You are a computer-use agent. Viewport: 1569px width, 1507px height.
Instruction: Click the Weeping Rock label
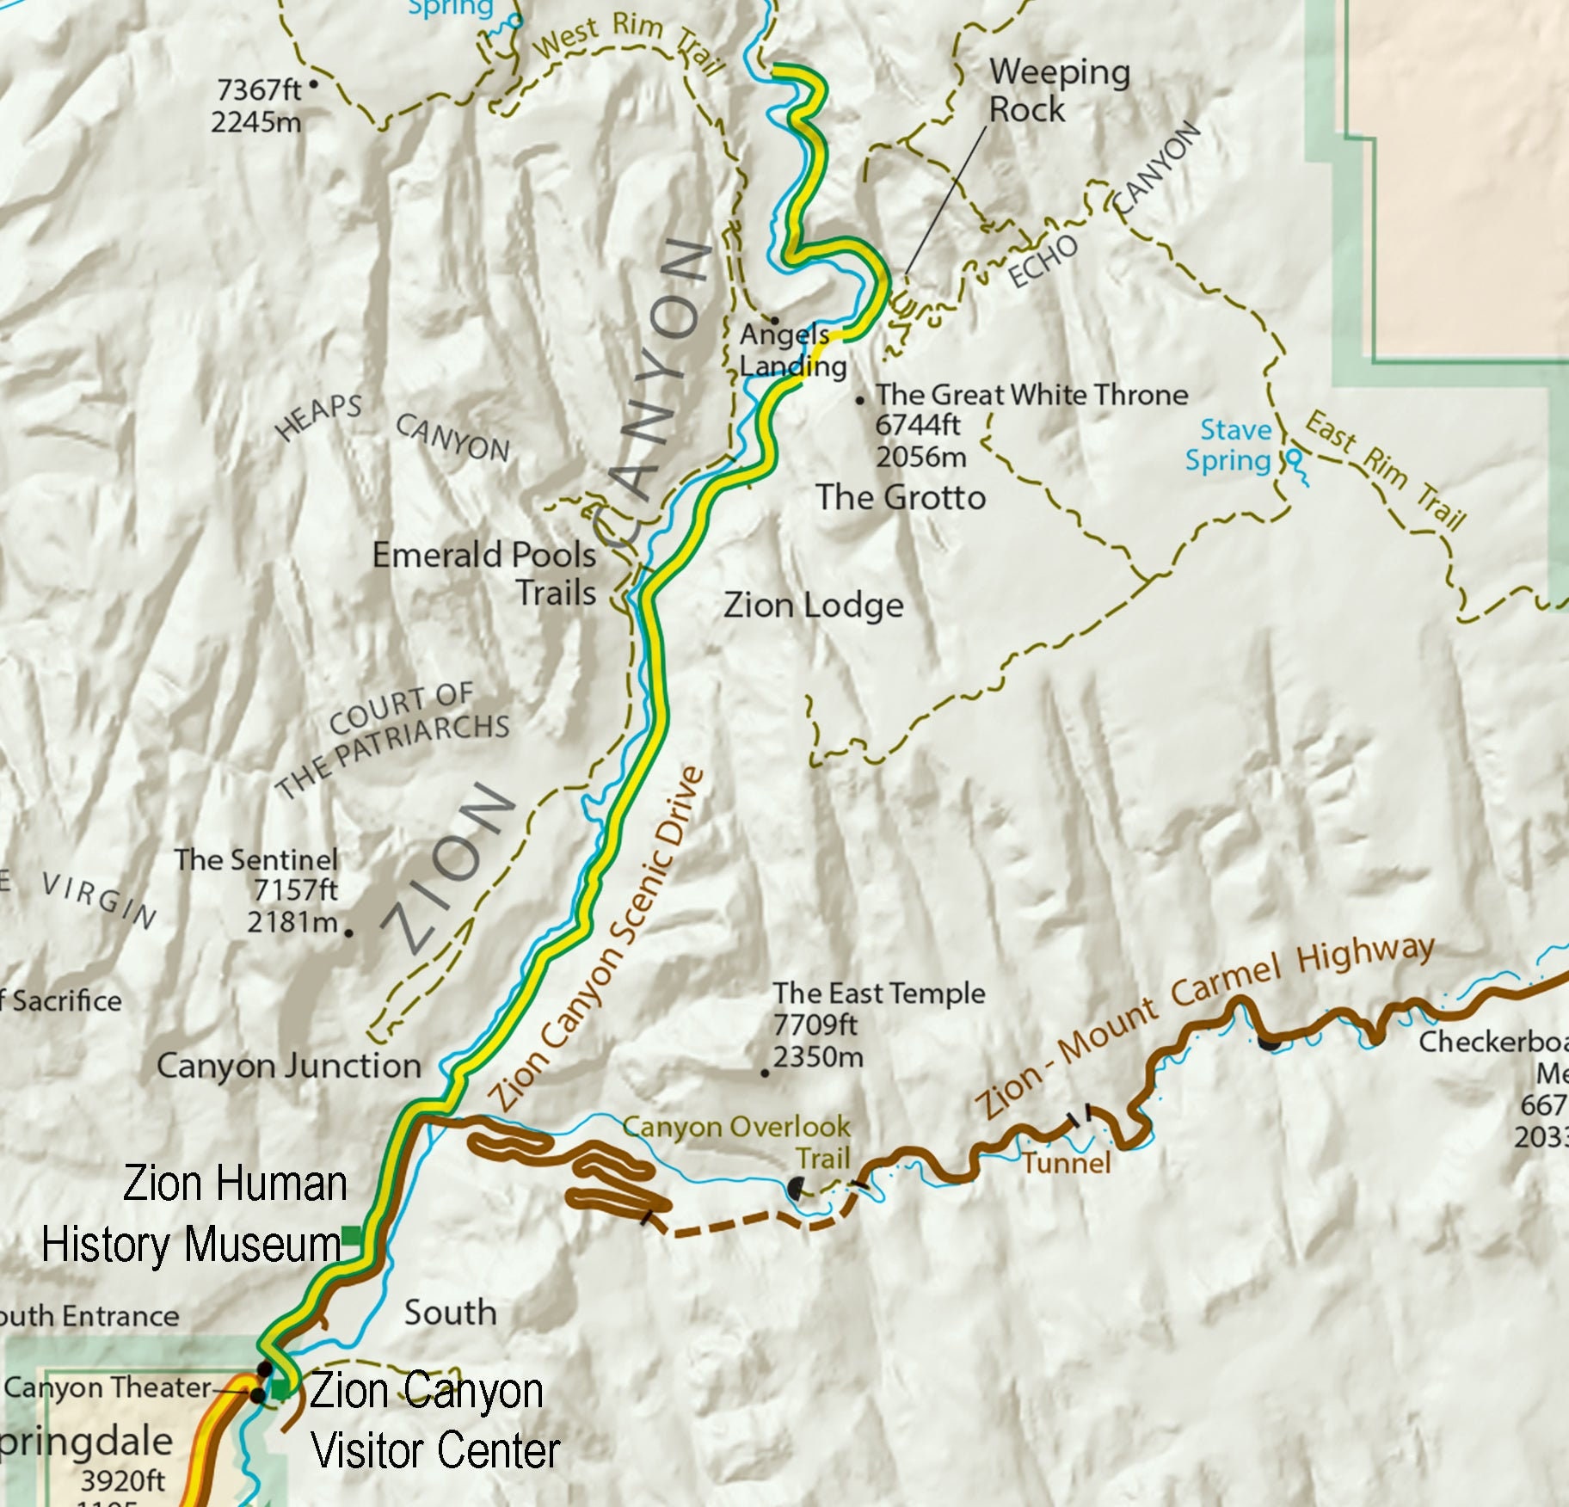tap(1058, 90)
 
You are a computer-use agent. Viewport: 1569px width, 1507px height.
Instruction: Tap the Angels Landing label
tap(791, 350)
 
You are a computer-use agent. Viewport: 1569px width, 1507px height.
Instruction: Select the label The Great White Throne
tap(1031, 395)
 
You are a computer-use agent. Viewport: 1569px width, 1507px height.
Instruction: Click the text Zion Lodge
tap(813, 606)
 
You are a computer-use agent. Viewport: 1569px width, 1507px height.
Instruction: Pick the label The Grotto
tap(900, 497)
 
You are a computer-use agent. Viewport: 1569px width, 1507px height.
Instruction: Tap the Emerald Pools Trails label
tap(484, 573)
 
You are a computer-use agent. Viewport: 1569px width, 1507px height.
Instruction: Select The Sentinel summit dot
tap(348, 932)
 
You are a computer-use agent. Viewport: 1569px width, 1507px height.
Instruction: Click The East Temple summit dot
tap(765, 1073)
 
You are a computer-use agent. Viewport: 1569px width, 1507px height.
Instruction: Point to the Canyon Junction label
tap(288, 1067)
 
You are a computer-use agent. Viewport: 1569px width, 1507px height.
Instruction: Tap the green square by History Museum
tap(352, 1238)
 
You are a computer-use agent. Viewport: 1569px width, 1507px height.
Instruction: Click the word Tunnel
tap(1067, 1163)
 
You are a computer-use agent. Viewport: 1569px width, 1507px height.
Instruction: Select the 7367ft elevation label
tap(258, 89)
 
